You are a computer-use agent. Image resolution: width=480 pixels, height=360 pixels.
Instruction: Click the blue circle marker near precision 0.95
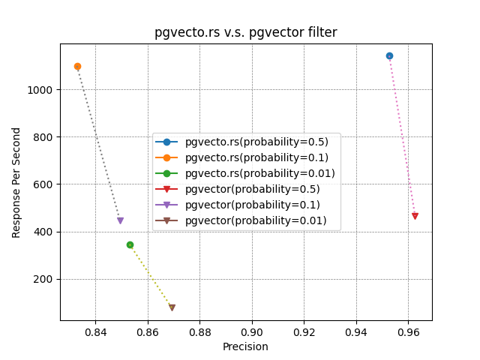[389, 55]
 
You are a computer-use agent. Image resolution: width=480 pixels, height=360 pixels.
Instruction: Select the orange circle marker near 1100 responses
[77, 66]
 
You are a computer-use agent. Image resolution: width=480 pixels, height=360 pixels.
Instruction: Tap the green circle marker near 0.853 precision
[130, 244]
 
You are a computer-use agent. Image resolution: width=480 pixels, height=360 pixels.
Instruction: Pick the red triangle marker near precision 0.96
[415, 216]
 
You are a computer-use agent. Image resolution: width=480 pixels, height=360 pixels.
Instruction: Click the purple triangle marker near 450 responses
[120, 220]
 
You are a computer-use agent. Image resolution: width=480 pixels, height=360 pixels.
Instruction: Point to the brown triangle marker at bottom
[172, 307]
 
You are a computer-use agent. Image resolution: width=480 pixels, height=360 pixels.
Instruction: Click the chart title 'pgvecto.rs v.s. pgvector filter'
[245, 32]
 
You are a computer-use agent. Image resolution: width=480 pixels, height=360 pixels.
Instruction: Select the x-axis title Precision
[245, 346]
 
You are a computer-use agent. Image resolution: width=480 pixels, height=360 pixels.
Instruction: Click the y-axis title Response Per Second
[16, 182]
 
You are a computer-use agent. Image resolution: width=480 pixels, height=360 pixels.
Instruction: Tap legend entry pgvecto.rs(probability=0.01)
[259, 173]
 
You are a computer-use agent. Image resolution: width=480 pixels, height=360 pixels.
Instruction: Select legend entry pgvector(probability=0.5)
[253, 189]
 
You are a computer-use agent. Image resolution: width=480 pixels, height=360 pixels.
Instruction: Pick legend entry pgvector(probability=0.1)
[253, 205]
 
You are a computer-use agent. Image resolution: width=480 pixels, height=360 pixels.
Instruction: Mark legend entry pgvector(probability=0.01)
[256, 220]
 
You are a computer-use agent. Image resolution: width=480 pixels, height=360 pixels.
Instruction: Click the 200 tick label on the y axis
[45, 279]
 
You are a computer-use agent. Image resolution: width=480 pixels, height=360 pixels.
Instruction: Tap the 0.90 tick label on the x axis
[252, 331]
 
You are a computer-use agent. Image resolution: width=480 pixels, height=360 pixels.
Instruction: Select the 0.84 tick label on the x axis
[95, 331]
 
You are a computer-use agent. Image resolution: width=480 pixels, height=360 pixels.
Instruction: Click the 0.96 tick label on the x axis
[408, 331]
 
